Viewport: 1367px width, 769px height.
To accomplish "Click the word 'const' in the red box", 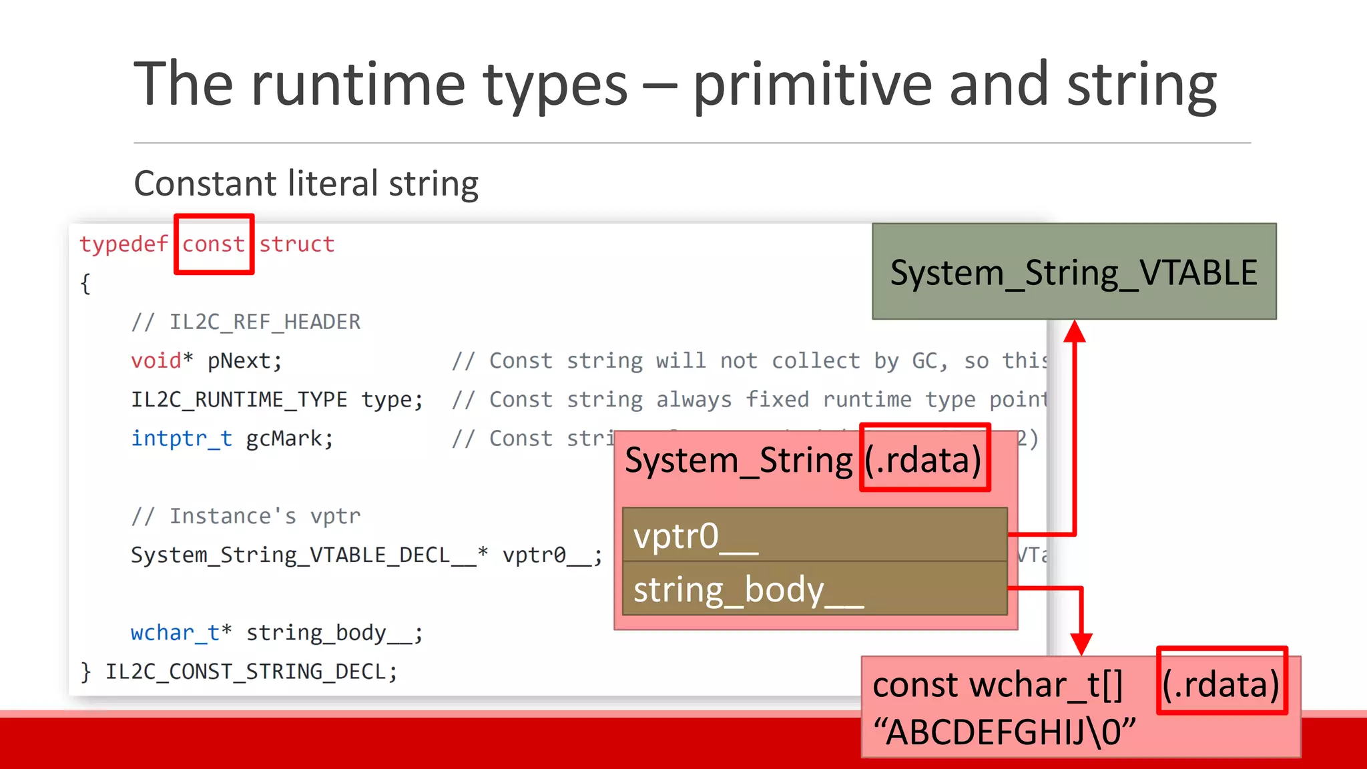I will tap(214, 244).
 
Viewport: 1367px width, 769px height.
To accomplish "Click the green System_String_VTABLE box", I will tap(1073, 272).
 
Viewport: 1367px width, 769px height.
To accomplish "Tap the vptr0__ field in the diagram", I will tap(814, 535).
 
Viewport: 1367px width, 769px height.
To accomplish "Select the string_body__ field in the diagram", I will tap(814, 589).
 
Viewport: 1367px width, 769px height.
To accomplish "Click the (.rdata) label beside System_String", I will tap(924, 459).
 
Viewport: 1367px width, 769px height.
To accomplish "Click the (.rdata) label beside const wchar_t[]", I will tap(1221, 683).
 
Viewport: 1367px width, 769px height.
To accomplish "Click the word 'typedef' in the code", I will tap(124, 244).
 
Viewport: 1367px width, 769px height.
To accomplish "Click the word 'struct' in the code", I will tap(296, 244).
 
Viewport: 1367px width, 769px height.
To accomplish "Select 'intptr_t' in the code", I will tap(182, 439).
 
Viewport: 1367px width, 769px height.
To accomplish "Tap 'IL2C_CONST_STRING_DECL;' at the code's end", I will tap(251, 671).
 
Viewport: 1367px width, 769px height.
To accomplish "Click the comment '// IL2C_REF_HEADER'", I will tap(246, 322).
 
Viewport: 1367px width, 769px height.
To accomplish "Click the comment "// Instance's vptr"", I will tap(246, 516).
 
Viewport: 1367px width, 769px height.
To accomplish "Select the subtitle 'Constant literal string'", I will tap(306, 184).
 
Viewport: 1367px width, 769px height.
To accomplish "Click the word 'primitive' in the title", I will tap(812, 85).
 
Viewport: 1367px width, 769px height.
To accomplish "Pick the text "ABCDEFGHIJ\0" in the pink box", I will tap(1005, 732).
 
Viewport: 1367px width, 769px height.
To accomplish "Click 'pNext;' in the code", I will tap(244, 361).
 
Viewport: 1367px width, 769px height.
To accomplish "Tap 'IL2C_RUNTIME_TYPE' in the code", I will tap(239, 400).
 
